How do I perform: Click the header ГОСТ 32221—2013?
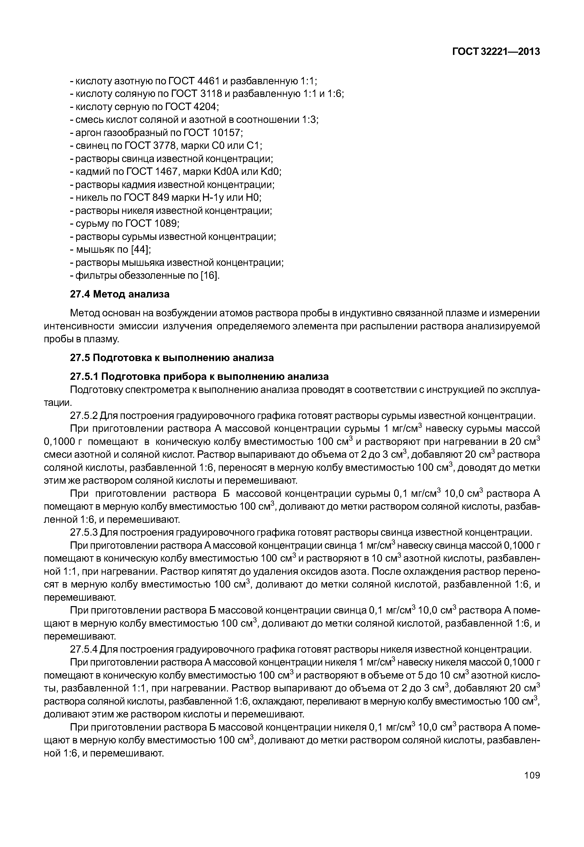(496, 52)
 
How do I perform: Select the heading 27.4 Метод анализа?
(120, 294)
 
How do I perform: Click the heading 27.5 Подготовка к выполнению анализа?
(172, 358)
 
